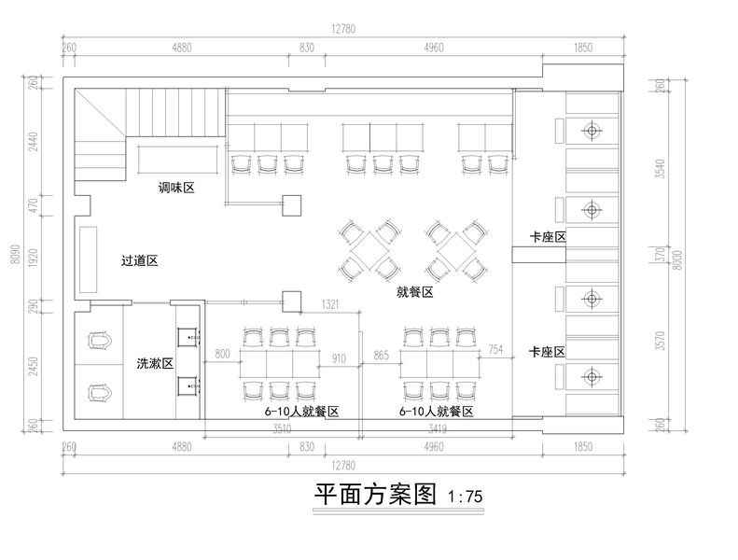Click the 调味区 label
[x=175, y=188]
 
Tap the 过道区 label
[x=139, y=260]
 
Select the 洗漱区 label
[x=155, y=364]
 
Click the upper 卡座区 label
[x=548, y=237]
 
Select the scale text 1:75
[x=466, y=497]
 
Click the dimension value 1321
[x=329, y=305]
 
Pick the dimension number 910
[x=339, y=357]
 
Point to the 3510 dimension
[x=282, y=430]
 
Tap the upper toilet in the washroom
[x=100, y=342]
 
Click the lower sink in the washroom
[x=187, y=384]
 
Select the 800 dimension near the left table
[x=221, y=354]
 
